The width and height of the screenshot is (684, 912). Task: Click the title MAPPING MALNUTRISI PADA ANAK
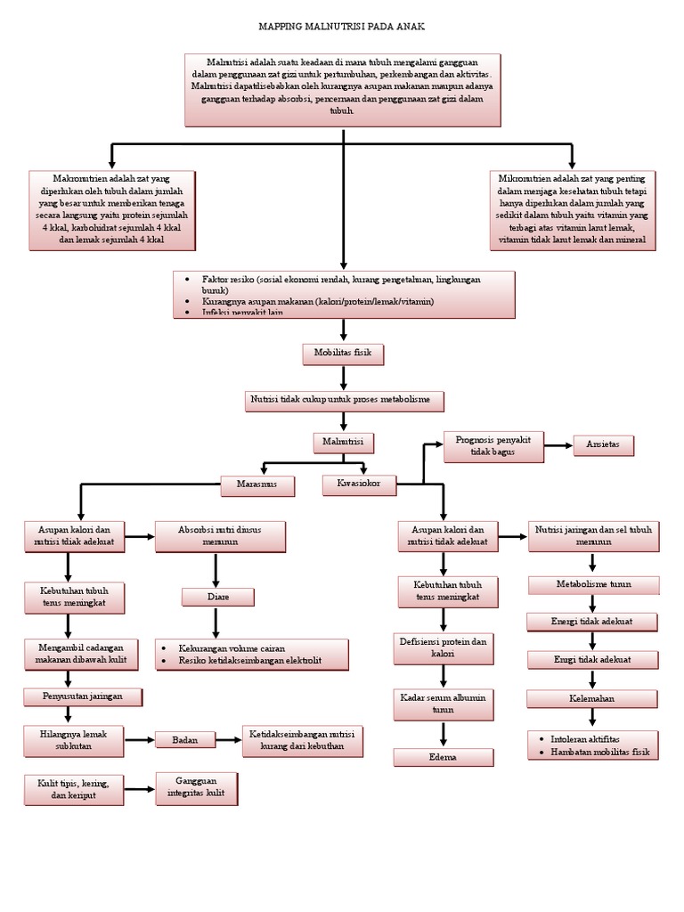pos(342,27)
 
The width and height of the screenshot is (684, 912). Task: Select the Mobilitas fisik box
pos(343,354)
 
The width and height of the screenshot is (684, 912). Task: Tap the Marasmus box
pos(257,485)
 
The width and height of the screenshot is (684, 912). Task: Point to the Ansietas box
pos(603,444)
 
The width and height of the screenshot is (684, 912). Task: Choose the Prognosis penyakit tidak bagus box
pos(493,446)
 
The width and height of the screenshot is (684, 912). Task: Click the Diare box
pos(217,597)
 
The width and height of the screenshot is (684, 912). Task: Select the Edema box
pos(443,757)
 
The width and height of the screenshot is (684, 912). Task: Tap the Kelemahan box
pos(591,698)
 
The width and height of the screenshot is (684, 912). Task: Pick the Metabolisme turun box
pos(593,584)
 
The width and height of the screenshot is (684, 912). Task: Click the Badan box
pos(185,739)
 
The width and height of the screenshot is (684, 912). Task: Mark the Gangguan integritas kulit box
pos(196,787)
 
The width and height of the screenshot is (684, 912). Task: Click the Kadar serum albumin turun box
pos(443,704)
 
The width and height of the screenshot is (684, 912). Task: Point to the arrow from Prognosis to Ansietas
pos(558,444)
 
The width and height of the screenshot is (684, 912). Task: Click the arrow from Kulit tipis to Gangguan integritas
pos(139,788)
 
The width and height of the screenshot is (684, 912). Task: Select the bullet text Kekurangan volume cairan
pos(232,648)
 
